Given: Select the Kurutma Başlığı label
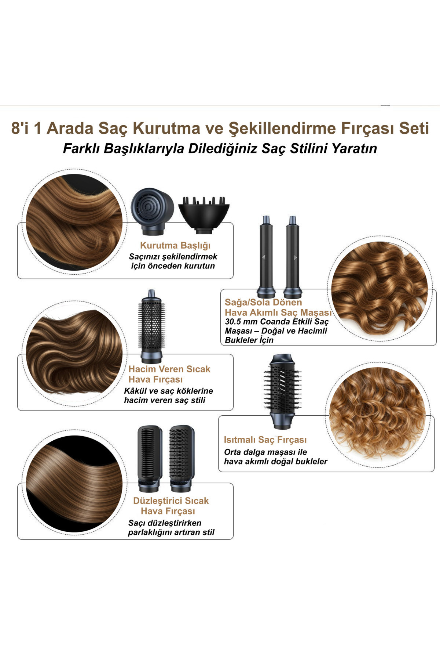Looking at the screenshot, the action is [175, 245].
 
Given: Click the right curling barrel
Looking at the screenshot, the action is [293, 257].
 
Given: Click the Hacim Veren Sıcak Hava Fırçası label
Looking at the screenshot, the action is [169, 374].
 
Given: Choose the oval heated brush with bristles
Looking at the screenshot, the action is [282, 391].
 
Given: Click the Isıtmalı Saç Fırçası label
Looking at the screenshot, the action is [265, 440].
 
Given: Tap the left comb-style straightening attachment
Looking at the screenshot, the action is [150, 459].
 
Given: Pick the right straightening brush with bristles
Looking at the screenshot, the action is [182, 459].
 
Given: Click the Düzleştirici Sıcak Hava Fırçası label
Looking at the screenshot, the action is [171, 506].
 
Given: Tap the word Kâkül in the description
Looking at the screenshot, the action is [136, 391].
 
